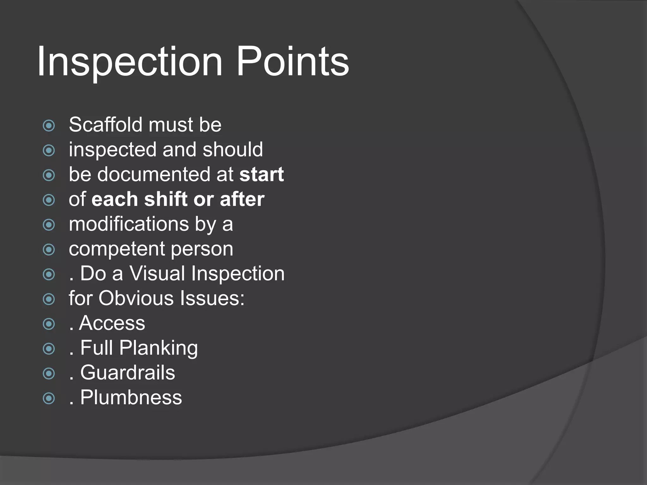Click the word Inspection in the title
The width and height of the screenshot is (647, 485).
130,62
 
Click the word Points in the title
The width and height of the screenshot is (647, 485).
293,62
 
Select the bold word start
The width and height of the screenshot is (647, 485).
262,174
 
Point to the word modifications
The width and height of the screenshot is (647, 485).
129,224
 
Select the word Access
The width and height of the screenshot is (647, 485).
112,323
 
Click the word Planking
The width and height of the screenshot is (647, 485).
158,348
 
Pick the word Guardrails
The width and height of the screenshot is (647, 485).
128,373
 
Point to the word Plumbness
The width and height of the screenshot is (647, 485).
131,398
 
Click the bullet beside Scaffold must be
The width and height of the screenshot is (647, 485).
49,126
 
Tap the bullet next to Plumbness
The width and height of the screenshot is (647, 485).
49,398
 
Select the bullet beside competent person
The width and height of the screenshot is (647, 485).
49,250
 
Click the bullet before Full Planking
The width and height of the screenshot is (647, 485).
49,349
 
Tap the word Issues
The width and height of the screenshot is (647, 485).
212,298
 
